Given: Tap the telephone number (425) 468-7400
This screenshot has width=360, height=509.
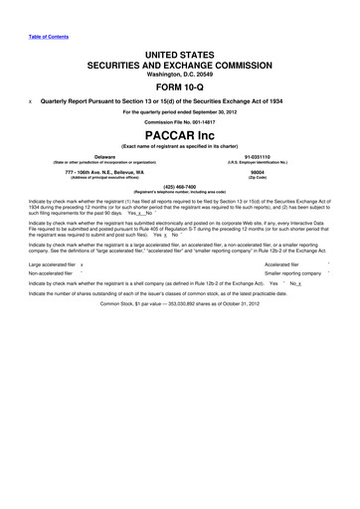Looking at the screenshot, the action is coord(180,186).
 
